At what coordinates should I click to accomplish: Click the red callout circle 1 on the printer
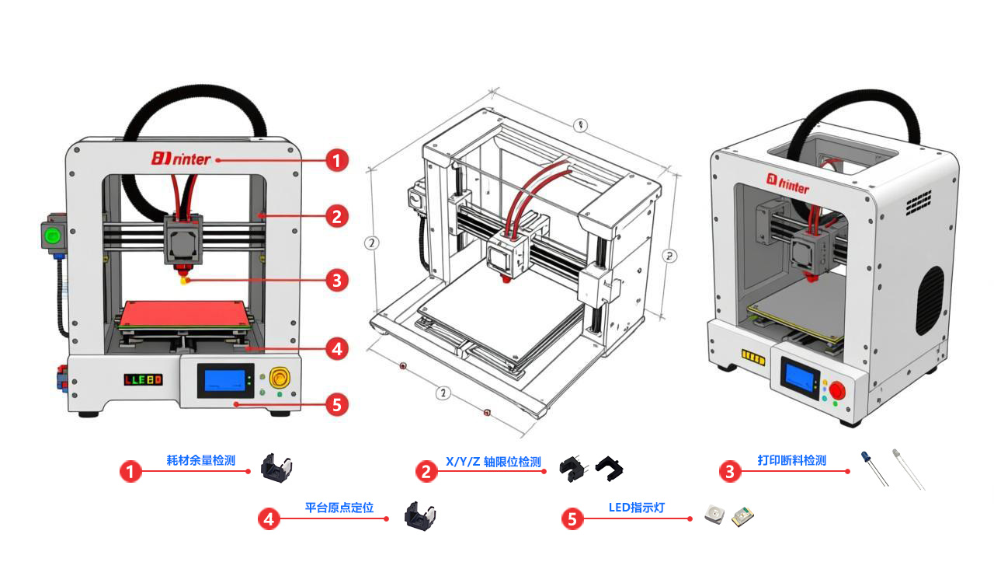335,161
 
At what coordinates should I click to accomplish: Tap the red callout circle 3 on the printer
335,280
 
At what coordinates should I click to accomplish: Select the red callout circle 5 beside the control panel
335,404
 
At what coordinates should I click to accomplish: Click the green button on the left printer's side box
53,236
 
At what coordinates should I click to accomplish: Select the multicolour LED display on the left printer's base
144,380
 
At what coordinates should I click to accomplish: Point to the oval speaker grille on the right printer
930,300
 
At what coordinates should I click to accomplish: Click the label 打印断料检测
792,460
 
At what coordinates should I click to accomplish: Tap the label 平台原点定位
339,508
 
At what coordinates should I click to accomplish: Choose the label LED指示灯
637,508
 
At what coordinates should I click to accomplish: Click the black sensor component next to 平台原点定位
421,516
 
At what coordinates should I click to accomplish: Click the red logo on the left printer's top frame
182,159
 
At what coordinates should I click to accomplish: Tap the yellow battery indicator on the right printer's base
753,355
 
